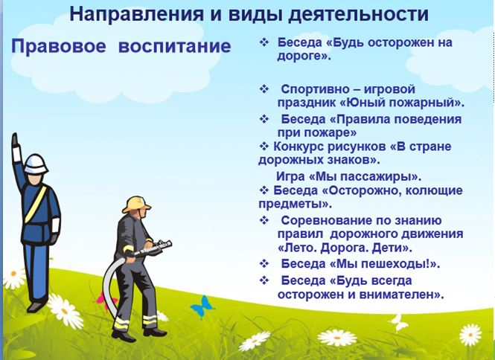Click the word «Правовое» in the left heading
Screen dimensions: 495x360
[x=59, y=46]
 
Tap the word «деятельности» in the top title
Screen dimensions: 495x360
[x=358, y=14]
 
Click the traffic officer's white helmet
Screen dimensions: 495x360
[x=36, y=164]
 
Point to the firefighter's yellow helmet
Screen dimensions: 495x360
[x=137, y=205]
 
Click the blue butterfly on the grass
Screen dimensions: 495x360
[x=202, y=306]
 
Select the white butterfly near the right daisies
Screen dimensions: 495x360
[x=398, y=323]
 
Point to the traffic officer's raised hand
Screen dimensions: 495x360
[x=15, y=140]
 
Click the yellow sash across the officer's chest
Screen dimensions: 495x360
[x=36, y=204]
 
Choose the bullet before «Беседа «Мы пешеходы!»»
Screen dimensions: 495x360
[x=264, y=263]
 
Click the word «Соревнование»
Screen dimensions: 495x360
[x=325, y=220]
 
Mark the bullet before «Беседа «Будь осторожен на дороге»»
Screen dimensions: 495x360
[x=264, y=42]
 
